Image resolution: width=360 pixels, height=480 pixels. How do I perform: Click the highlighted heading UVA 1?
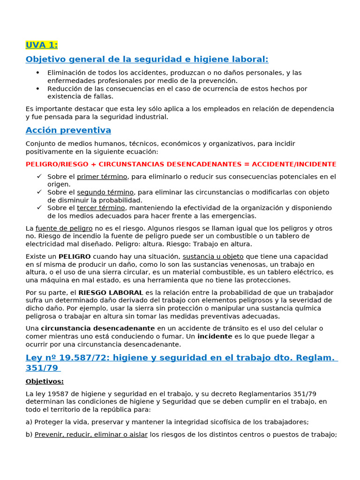pyautogui.click(x=42, y=45)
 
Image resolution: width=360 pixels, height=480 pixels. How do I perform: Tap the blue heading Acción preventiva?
pyautogui.click(x=68, y=130)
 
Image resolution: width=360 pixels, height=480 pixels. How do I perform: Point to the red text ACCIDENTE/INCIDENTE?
pyautogui.click(x=294, y=164)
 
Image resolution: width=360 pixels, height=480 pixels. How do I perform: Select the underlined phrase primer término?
pyautogui.click(x=102, y=177)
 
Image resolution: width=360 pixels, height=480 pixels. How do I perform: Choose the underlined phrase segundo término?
pyautogui.click(x=105, y=192)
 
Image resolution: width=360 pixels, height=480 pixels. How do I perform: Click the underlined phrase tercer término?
pyautogui.click(x=101, y=208)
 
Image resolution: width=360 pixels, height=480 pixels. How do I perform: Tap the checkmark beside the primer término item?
pyautogui.click(x=39, y=177)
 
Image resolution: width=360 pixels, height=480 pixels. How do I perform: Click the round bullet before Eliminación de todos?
pyautogui.click(x=38, y=73)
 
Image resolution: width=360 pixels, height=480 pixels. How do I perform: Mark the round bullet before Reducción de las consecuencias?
pyautogui.click(x=38, y=89)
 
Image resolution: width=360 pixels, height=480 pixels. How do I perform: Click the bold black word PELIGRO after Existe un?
pyautogui.click(x=75, y=256)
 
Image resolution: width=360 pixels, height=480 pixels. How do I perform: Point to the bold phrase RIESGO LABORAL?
pyautogui.click(x=111, y=292)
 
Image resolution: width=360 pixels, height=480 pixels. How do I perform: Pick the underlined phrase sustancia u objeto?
pyautogui.click(x=213, y=256)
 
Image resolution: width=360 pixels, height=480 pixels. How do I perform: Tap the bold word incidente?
pyautogui.click(x=214, y=336)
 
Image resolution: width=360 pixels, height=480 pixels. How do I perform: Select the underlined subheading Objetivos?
pyautogui.click(x=45, y=381)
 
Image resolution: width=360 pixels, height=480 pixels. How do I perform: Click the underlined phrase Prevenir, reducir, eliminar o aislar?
pyautogui.click(x=91, y=435)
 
